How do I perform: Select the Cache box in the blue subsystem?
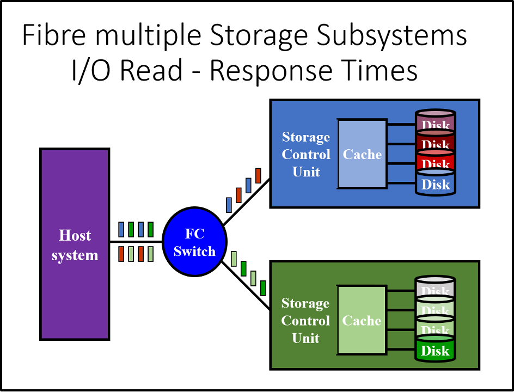tap(362, 154)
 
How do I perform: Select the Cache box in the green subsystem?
tap(362, 321)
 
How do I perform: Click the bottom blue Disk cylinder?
tap(436, 184)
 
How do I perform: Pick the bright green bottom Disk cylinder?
tap(436, 351)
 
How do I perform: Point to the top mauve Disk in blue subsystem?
tap(436, 122)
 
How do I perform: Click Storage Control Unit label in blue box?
tap(306, 154)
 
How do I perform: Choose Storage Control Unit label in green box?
tap(305, 321)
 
